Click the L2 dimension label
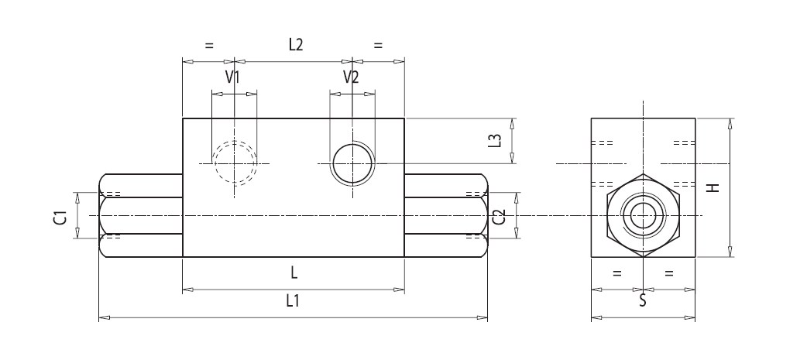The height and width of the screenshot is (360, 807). point(294,45)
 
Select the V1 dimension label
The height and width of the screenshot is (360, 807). point(232,77)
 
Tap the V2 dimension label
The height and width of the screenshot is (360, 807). point(351,77)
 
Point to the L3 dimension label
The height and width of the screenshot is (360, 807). point(496,141)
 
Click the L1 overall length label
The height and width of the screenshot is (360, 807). point(294,301)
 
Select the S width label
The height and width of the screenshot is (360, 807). point(643,301)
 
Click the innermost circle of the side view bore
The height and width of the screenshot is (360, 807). point(643,216)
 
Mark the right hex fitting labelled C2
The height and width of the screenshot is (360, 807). point(446,216)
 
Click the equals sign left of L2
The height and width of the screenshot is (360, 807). point(208,46)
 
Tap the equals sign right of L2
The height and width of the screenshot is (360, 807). point(378,46)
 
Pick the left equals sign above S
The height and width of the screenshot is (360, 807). point(617,273)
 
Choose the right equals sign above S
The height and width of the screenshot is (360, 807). point(669,273)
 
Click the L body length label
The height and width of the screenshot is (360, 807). point(294,273)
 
